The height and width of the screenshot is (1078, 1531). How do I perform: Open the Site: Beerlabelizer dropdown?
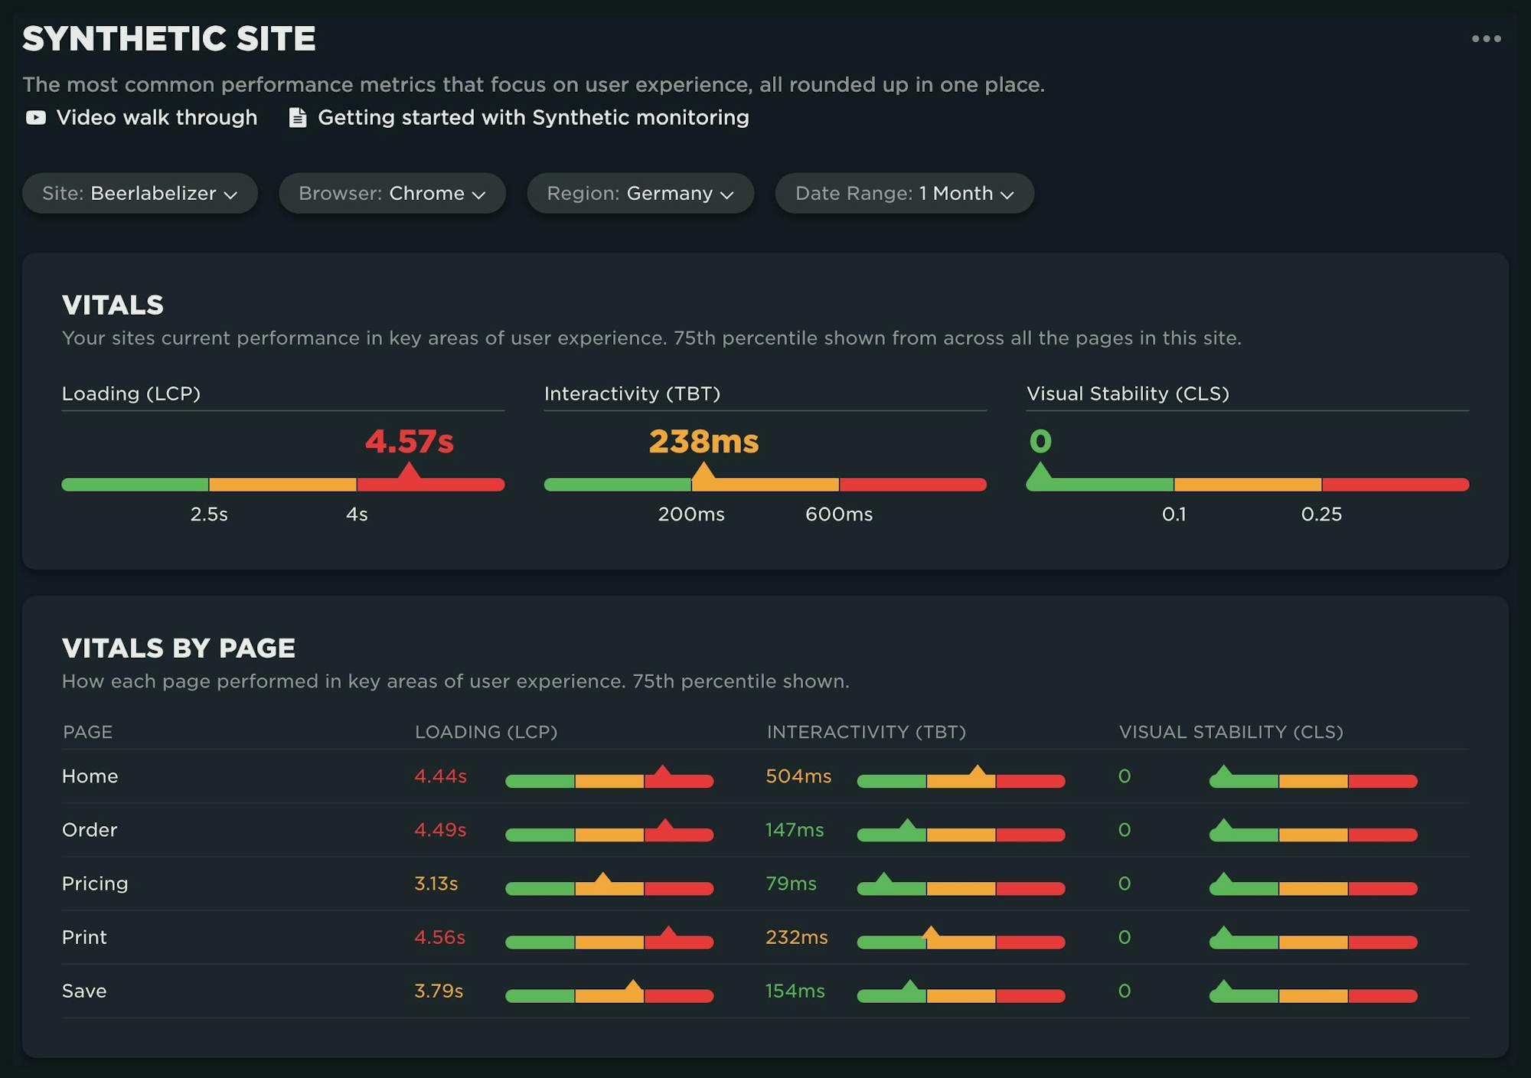[x=139, y=193]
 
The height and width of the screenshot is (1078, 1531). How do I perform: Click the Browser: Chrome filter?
[x=392, y=193]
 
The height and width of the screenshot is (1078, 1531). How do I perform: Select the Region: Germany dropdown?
[x=640, y=193]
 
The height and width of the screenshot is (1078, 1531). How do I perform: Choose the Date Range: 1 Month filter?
[x=904, y=193]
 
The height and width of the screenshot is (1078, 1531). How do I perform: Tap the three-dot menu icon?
[x=1486, y=38]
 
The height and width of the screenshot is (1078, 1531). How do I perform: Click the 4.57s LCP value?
[x=409, y=441]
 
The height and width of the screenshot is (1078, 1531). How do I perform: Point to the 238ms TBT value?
[x=703, y=441]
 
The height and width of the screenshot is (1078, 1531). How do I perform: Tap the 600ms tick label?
[x=838, y=514]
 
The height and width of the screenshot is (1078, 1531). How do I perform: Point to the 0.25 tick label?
[x=1321, y=514]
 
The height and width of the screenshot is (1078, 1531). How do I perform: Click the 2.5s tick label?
[x=209, y=514]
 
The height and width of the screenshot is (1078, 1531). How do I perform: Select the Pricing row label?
[x=95, y=884]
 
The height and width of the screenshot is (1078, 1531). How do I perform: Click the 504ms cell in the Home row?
[x=798, y=776]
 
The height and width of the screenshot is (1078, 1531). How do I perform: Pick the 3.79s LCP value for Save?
[x=439, y=991]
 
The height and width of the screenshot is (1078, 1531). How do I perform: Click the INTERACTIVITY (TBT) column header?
[x=866, y=732]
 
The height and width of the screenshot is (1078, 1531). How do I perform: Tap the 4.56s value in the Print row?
[x=439, y=937]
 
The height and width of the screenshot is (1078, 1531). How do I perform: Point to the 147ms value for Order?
[x=795, y=830]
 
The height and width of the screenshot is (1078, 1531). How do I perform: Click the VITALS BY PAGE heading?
[x=178, y=648]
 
